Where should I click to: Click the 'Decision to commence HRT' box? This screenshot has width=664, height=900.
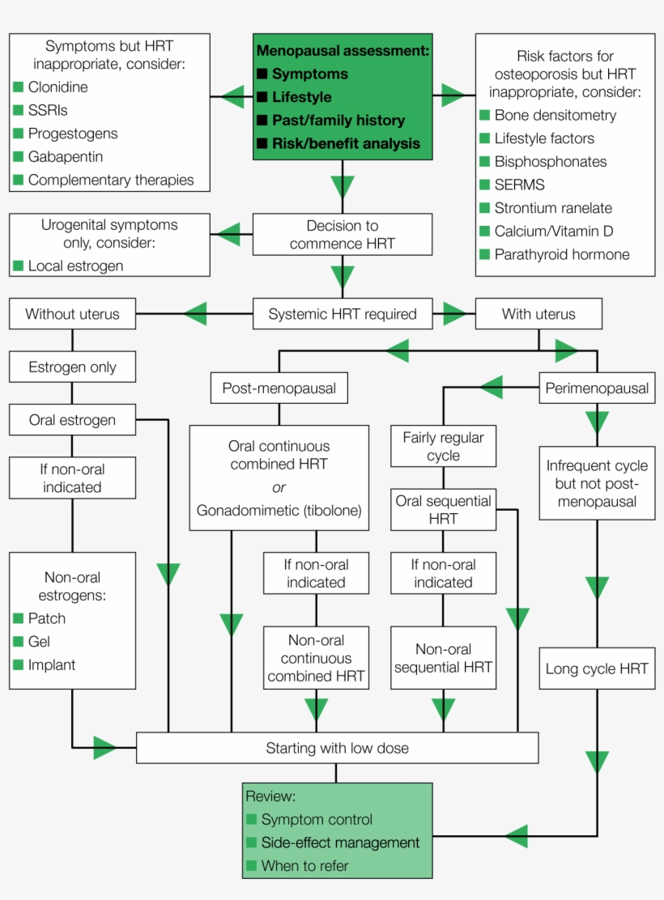(343, 234)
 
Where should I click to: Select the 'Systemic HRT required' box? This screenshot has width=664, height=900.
(343, 314)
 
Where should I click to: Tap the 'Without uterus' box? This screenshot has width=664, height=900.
(72, 314)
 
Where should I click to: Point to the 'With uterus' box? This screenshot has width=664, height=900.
(538, 314)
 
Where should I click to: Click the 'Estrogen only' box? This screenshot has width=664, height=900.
(72, 367)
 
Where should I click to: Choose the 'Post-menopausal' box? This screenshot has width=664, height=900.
(279, 388)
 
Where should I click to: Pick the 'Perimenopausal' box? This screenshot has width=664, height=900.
(597, 388)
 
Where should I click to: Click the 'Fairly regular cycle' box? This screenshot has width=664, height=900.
(443, 446)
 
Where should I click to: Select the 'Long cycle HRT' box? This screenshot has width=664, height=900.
(597, 669)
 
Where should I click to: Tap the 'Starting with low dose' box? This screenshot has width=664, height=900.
(337, 748)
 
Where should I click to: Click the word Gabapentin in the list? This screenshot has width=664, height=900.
(66, 156)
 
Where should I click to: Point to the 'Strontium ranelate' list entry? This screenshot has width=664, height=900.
(553, 208)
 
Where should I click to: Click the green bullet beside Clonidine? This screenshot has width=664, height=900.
(18, 87)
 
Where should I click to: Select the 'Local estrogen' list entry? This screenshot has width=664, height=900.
(76, 265)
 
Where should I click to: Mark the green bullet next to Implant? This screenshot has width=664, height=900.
(18, 664)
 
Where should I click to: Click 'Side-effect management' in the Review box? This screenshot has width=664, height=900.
(340, 843)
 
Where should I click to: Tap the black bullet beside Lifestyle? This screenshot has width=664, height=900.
(262, 97)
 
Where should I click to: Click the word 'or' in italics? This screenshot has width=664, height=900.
(279, 487)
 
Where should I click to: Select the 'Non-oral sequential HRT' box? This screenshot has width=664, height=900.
(443, 658)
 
